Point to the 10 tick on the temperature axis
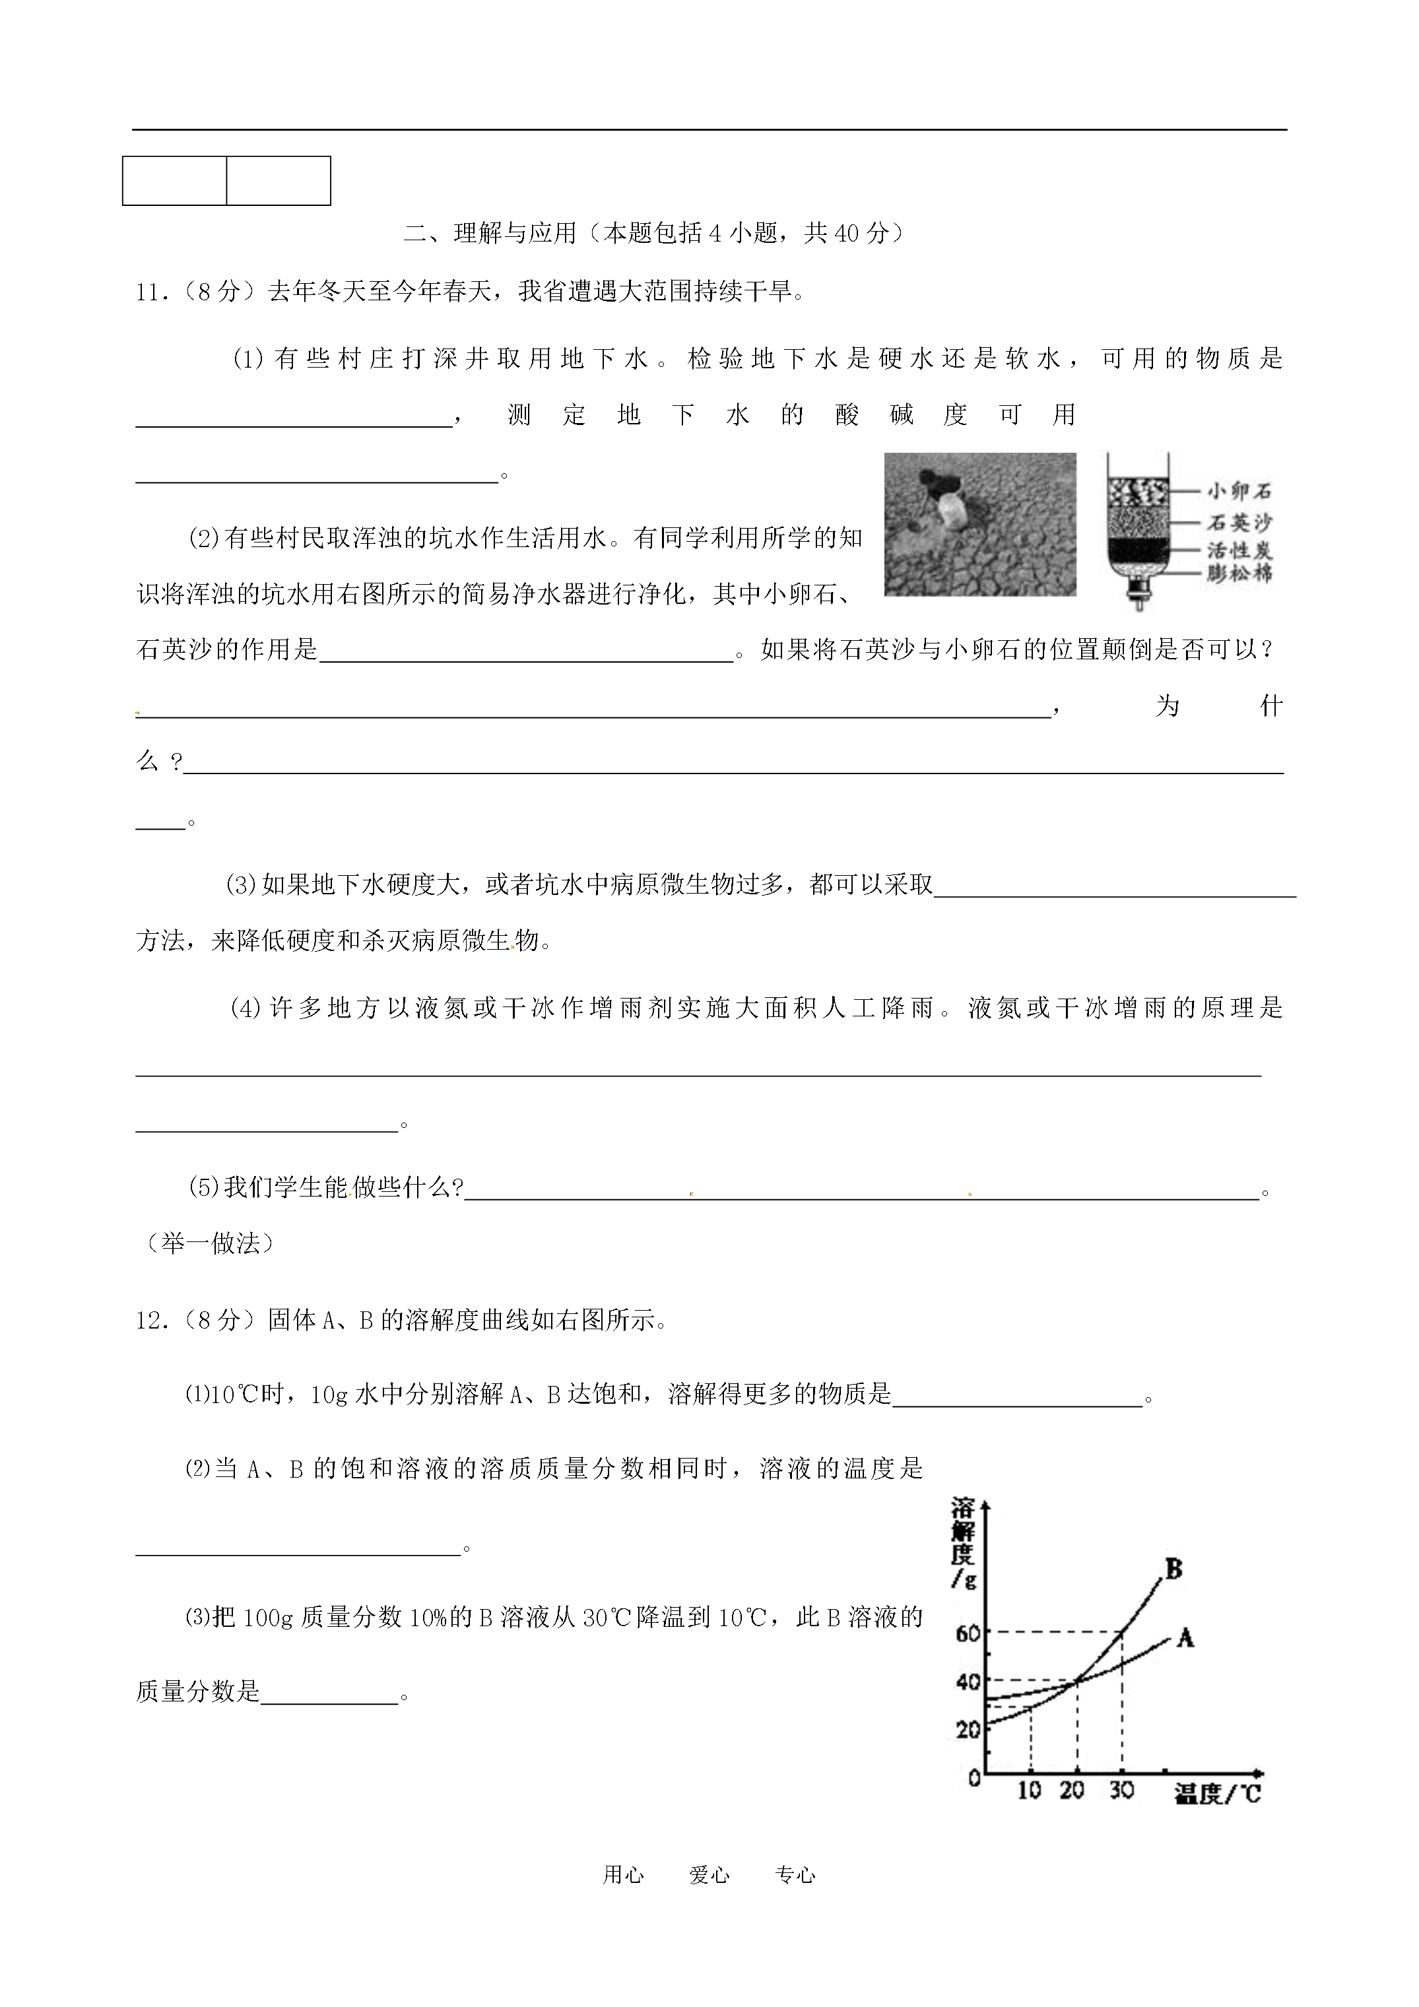click(x=1029, y=1791)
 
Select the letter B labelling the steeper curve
click(x=1173, y=1569)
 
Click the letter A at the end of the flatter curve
click(x=1185, y=1637)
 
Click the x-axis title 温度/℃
click(x=1217, y=1794)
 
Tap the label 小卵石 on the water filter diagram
click(x=1239, y=491)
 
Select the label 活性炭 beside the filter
click(x=1239, y=550)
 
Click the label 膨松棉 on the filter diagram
click(x=1239, y=574)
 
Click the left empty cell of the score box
click(x=175, y=181)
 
